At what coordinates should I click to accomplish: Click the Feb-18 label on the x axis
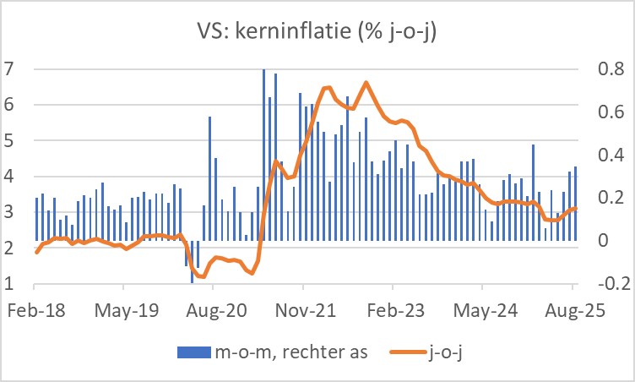(x=35, y=309)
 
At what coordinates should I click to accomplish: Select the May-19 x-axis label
(x=126, y=309)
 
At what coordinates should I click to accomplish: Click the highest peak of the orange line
(x=366, y=82)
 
